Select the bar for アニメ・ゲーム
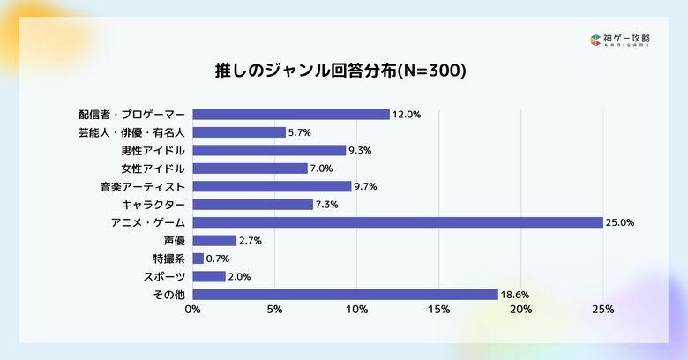pos(397,222)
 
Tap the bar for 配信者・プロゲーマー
pos(290,114)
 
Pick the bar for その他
pos(345,294)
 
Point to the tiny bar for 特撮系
pos(198,259)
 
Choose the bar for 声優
pos(214,240)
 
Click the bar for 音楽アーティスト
pos(272,186)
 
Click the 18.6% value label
pos(516,295)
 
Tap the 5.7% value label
pos(300,132)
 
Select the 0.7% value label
pos(217,259)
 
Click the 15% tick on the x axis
pos(438,310)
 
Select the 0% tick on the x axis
pos(192,310)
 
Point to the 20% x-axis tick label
pos(521,310)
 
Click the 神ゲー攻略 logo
pos(621,40)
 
